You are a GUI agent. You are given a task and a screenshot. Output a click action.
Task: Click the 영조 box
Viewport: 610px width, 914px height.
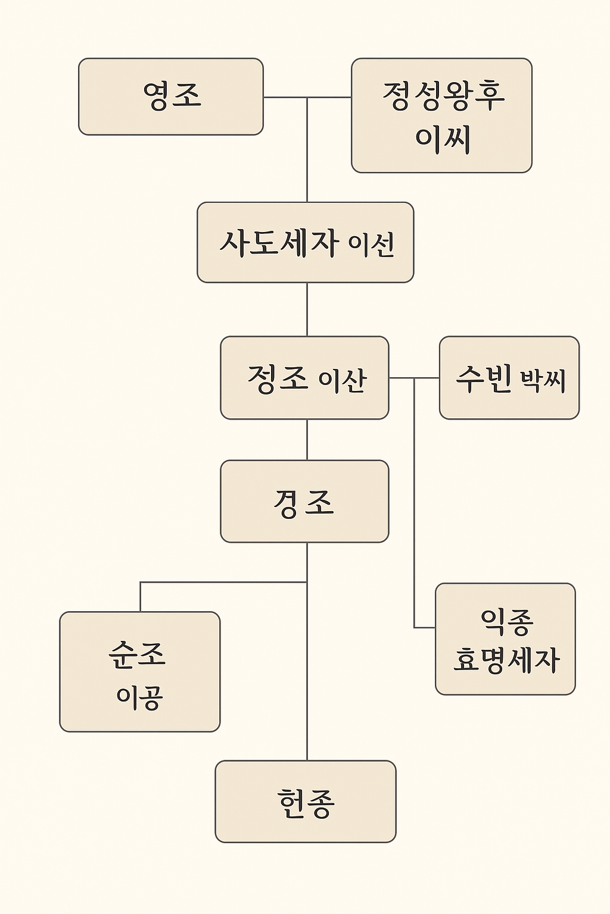[x=171, y=96]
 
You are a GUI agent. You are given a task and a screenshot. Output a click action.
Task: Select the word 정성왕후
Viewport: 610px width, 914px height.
[x=443, y=96]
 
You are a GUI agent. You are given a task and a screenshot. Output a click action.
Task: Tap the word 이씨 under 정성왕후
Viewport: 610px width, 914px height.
[x=443, y=139]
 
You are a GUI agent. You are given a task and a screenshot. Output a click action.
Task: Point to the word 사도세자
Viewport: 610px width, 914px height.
[x=279, y=243]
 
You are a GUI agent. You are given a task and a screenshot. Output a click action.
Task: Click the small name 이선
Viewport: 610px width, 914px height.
[x=372, y=245]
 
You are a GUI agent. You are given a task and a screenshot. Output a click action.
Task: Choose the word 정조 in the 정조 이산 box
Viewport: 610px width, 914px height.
[x=278, y=378]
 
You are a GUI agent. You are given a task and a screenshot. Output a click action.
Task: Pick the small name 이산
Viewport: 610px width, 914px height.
[x=343, y=380]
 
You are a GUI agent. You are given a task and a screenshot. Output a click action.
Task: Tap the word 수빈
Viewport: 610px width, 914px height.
[x=484, y=378]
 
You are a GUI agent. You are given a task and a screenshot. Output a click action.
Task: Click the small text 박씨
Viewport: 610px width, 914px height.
[x=543, y=380]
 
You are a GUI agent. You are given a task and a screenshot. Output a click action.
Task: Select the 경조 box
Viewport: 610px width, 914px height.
[x=304, y=501]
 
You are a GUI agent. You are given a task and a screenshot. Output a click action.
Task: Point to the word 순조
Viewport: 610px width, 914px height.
[x=137, y=654]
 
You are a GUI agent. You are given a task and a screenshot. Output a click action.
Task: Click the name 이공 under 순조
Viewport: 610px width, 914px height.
[x=139, y=696]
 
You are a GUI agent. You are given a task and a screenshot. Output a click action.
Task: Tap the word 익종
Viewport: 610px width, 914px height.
[x=507, y=621]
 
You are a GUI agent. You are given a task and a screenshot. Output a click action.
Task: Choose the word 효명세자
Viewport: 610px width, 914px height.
[x=506, y=660]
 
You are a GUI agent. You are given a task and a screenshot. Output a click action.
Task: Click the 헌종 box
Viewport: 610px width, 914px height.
[x=306, y=801]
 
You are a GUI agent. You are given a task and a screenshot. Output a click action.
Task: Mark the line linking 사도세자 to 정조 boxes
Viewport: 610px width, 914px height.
[x=307, y=309]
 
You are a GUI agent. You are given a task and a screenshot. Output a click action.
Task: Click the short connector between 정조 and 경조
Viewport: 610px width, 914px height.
[x=307, y=440]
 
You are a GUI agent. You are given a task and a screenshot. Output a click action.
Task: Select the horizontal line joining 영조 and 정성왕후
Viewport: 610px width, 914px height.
[x=307, y=97]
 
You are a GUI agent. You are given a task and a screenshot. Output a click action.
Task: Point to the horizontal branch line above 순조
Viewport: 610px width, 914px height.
[x=223, y=582]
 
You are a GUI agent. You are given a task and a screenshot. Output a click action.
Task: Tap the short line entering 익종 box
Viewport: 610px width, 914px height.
[x=425, y=627]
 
